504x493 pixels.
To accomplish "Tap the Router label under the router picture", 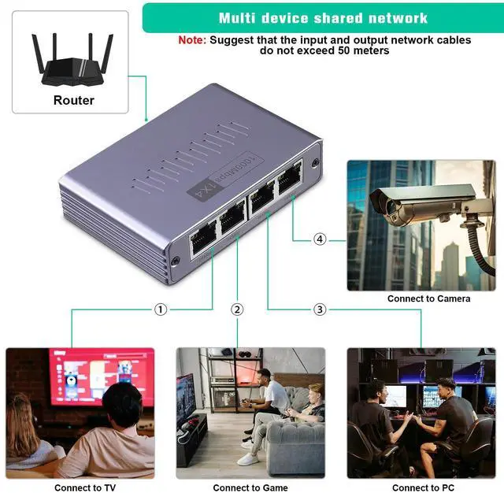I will coord(73,100).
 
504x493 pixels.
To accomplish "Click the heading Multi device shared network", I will coord(323,17).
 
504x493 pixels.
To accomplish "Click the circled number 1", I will coord(161,310).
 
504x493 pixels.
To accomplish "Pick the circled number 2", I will coord(237,310).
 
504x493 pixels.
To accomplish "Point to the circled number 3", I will coord(320,310).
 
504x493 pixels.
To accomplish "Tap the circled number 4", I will coord(320,239).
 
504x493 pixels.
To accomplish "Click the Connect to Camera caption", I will coord(428,298).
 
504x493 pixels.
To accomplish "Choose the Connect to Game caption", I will coord(250,487).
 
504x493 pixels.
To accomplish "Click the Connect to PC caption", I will coord(423,487).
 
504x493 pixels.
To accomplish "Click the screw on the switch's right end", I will coord(315,163).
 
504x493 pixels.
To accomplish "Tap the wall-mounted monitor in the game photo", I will coord(186,398).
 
